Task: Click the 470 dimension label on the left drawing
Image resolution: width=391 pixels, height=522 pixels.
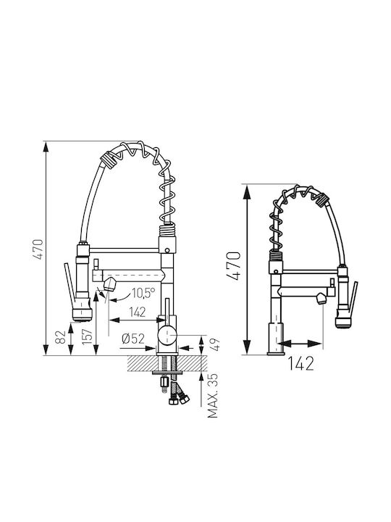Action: (x=39, y=249)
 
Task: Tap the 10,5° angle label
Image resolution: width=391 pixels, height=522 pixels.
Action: (x=143, y=293)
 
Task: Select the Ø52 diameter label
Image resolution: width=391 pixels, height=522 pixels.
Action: (x=133, y=339)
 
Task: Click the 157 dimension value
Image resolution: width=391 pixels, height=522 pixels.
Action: (x=86, y=337)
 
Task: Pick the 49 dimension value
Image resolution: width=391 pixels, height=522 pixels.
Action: (x=216, y=345)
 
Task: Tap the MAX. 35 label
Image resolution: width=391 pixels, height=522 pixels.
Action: (x=213, y=396)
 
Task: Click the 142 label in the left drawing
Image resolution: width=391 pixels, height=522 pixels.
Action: (x=137, y=312)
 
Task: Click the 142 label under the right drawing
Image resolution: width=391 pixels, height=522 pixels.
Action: (x=300, y=363)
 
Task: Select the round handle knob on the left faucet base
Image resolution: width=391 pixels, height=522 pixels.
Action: (x=167, y=336)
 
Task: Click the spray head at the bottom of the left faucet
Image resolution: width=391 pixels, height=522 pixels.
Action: (x=82, y=314)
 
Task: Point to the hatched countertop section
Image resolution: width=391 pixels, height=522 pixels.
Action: (x=167, y=363)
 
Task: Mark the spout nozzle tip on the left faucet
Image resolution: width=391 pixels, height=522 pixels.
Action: (x=109, y=286)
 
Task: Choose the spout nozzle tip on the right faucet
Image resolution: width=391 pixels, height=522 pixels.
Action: (x=321, y=299)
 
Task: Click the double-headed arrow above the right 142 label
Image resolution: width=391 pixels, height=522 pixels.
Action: (x=300, y=343)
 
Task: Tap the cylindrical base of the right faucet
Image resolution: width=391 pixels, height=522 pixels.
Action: (x=276, y=339)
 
